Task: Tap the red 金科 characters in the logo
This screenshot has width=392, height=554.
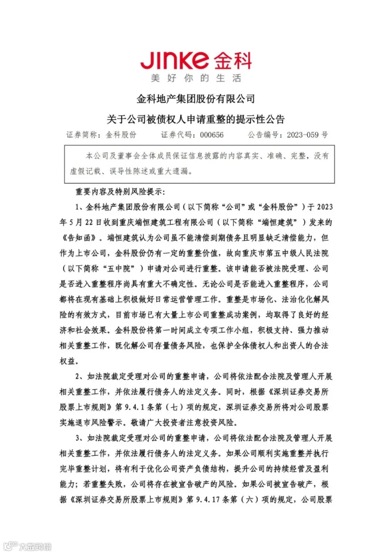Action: pyautogui.click(x=232, y=60)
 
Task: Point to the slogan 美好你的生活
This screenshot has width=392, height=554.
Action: pyautogui.click(x=196, y=79)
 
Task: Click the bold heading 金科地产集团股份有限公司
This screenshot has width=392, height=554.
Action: pyautogui.click(x=196, y=99)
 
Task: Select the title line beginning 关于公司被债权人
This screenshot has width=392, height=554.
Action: pyautogui.click(x=196, y=118)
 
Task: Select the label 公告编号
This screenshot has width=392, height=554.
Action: pyautogui.click(x=265, y=135)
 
